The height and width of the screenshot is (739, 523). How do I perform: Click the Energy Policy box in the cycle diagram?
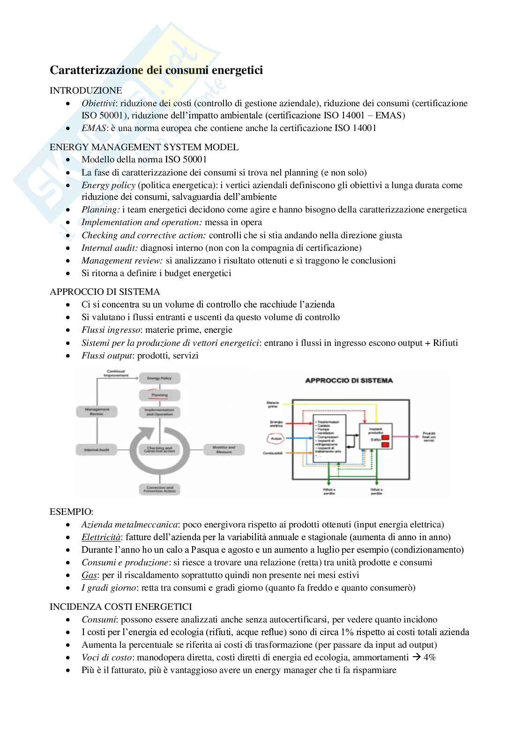click(160, 378)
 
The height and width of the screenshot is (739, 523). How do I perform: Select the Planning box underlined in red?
click(160, 395)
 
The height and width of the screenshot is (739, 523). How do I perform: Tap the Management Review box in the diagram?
click(97, 411)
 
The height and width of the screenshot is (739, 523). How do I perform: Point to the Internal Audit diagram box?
click(97, 450)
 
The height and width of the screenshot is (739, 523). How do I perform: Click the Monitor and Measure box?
click(224, 450)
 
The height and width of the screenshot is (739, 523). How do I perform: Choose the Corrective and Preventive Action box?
click(160, 490)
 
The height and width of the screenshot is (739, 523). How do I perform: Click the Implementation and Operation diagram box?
click(160, 412)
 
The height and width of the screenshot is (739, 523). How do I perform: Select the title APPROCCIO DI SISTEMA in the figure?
click(349, 380)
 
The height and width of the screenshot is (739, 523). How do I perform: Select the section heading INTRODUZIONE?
click(86, 90)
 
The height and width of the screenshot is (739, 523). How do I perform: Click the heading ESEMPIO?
click(71, 512)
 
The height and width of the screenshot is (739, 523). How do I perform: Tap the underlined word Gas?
click(89, 575)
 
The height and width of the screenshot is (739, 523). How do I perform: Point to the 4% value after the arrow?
click(429, 657)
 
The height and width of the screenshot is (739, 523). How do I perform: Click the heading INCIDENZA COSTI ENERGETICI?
click(120, 607)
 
